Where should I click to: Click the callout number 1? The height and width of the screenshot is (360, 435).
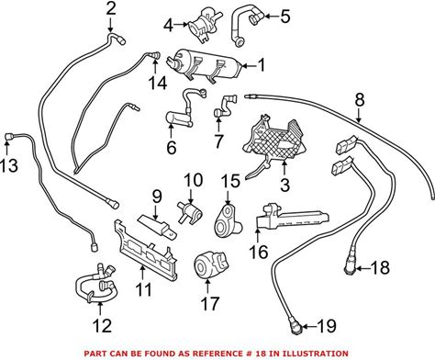[261, 65]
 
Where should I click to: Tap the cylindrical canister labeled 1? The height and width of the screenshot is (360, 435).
[205, 65]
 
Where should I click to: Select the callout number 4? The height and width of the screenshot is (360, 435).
[169, 25]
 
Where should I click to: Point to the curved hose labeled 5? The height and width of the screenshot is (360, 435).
[245, 25]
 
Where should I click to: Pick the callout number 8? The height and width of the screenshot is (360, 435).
[360, 100]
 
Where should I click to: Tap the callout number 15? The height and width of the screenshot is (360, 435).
[231, 181]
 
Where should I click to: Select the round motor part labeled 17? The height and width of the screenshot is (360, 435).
[211, 264]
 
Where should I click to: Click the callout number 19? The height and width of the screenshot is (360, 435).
[327, 326]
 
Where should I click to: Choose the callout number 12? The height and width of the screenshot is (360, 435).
[102, 326]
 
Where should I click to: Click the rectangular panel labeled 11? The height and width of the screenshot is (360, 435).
[146, 250]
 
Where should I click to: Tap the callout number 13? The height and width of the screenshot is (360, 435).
[9, 165]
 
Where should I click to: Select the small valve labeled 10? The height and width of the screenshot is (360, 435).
[190, 211]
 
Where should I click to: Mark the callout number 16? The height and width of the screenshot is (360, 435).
[259, 252]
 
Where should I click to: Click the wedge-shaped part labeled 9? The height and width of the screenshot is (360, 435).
[157, 227]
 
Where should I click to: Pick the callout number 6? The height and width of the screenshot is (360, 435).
[172, 147]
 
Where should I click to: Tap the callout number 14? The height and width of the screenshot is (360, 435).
[158, 83]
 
